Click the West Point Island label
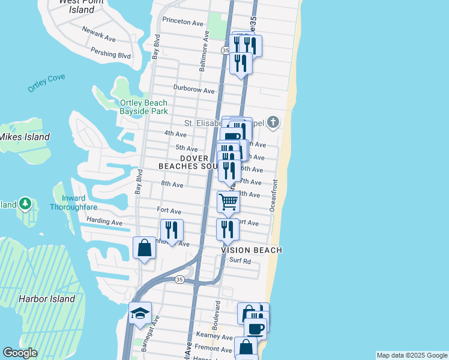(x=82, y=5)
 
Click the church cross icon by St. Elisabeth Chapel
(x=273, y=123)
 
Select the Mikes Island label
(x=25, y=137)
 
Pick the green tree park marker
(x=25, y=204)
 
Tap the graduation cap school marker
(x=140, y=313)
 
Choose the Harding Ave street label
(x=104, y=222)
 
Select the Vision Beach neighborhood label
(x=252, y=250)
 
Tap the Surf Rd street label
(x=240, y=261)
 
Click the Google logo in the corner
(x=19, y=353)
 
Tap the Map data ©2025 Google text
(x=411, y=355)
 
